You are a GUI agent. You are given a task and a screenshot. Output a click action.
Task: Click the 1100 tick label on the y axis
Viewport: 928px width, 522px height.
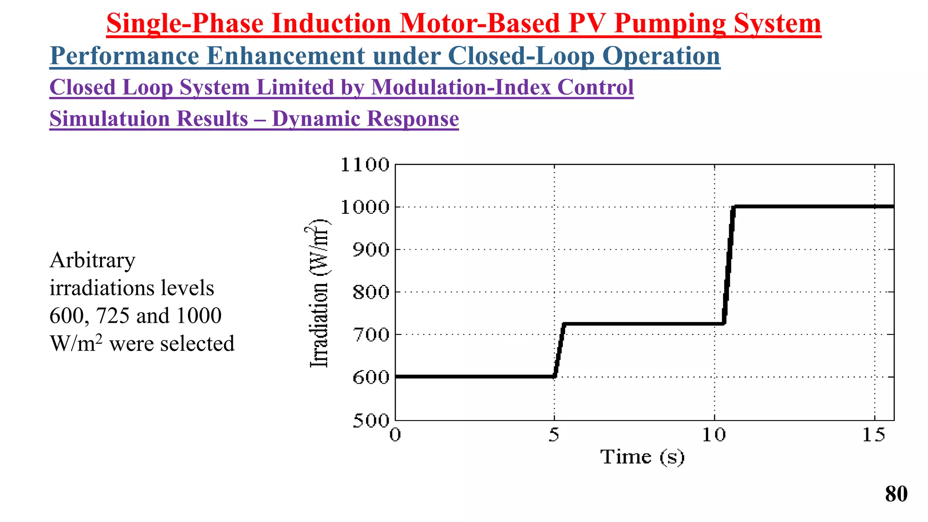point(365,165)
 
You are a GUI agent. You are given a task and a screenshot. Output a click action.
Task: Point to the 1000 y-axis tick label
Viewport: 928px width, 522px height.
point(365,208)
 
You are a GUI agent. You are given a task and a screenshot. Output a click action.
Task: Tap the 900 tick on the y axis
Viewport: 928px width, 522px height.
point(371,250)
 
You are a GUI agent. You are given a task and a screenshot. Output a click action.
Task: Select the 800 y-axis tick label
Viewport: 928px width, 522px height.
point(371,292)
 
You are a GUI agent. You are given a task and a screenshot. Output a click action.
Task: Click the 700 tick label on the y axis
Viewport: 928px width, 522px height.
point(371,335)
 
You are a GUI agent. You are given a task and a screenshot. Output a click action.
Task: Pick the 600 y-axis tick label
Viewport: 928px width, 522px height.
point(371,377)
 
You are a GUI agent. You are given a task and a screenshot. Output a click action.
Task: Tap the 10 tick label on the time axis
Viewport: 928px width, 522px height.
point(714,435)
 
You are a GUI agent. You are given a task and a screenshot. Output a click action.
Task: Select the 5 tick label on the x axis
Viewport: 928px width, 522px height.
point(554,435)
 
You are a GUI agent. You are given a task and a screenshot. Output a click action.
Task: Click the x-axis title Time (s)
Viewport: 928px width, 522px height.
point(642,457)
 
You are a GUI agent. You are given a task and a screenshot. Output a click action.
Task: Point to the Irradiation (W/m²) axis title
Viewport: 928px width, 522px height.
point(319,294)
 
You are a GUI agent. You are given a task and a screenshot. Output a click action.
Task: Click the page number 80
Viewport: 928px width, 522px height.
point(896,494)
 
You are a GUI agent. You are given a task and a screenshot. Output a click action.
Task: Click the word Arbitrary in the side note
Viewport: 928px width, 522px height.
point(92,261)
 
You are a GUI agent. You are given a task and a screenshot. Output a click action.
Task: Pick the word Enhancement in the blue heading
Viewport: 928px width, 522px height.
point(285,56)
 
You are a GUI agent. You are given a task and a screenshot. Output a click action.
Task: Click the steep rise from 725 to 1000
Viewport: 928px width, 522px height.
point(728,265)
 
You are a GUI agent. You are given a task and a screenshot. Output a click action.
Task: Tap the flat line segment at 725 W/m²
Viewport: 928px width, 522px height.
point(643,324)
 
